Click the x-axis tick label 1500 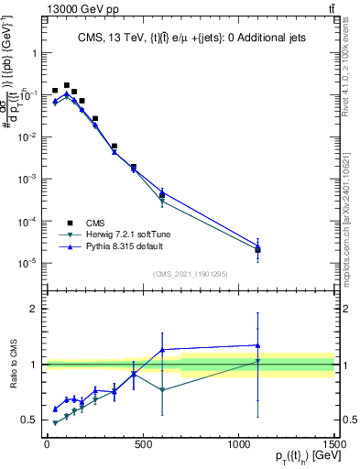[334, 443]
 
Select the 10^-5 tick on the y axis [27, 263]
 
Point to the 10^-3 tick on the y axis [27, 179]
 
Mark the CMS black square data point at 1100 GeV [258, 250]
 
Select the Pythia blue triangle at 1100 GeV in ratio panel [258, 345]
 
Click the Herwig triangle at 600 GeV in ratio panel [162, 390]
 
